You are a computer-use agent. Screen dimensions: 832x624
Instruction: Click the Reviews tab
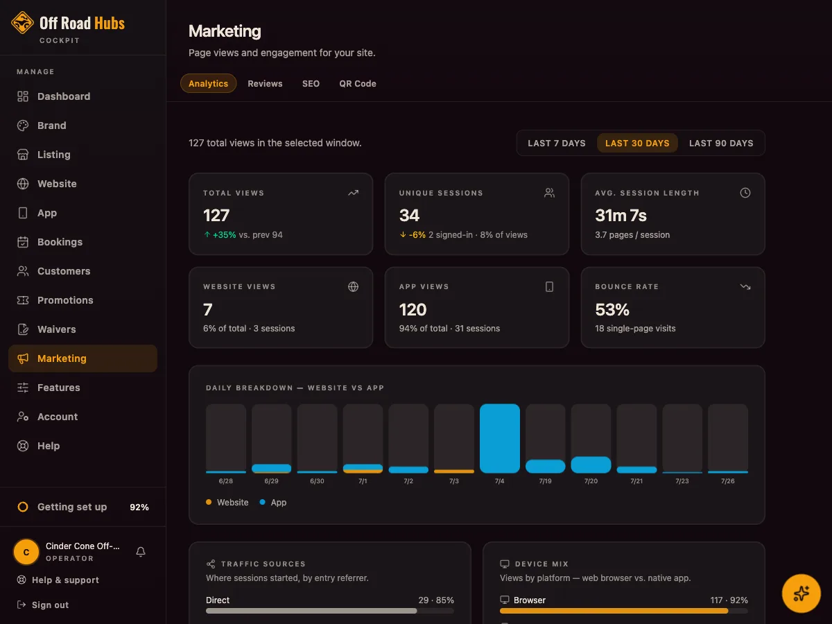pos(265,83)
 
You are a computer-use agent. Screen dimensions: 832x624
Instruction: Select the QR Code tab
pos(358,83)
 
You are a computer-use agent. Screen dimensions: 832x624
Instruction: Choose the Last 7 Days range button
pos(557,144)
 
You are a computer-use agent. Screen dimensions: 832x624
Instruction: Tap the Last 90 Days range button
pos(721,144)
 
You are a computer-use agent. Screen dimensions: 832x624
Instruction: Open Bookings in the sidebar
pos(60,242)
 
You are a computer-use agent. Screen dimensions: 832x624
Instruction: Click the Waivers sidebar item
pos(56,329)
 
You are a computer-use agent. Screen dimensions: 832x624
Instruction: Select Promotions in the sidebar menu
pos(65,300)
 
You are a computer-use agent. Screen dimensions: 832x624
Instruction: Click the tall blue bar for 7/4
pos(500,438)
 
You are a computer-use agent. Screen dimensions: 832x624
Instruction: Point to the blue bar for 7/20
pos(591,465)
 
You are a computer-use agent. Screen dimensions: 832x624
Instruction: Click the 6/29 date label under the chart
pos(271,481)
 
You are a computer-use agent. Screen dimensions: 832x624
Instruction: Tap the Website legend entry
pos(227,503)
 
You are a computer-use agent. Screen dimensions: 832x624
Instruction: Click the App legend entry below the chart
pos(273,503)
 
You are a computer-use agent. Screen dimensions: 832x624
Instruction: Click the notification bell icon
pos(141,552)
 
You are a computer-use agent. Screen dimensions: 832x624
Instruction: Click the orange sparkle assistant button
pos(801,593)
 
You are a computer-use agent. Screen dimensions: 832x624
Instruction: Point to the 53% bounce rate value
pos(612,309)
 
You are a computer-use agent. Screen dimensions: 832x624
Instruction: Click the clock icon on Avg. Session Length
pos(745,193)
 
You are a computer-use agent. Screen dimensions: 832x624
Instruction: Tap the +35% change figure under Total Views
pos(224,235)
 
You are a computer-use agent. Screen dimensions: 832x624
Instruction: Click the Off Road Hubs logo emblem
pos(22,23)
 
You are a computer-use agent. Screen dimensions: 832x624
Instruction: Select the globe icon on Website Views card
pos(353,287)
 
